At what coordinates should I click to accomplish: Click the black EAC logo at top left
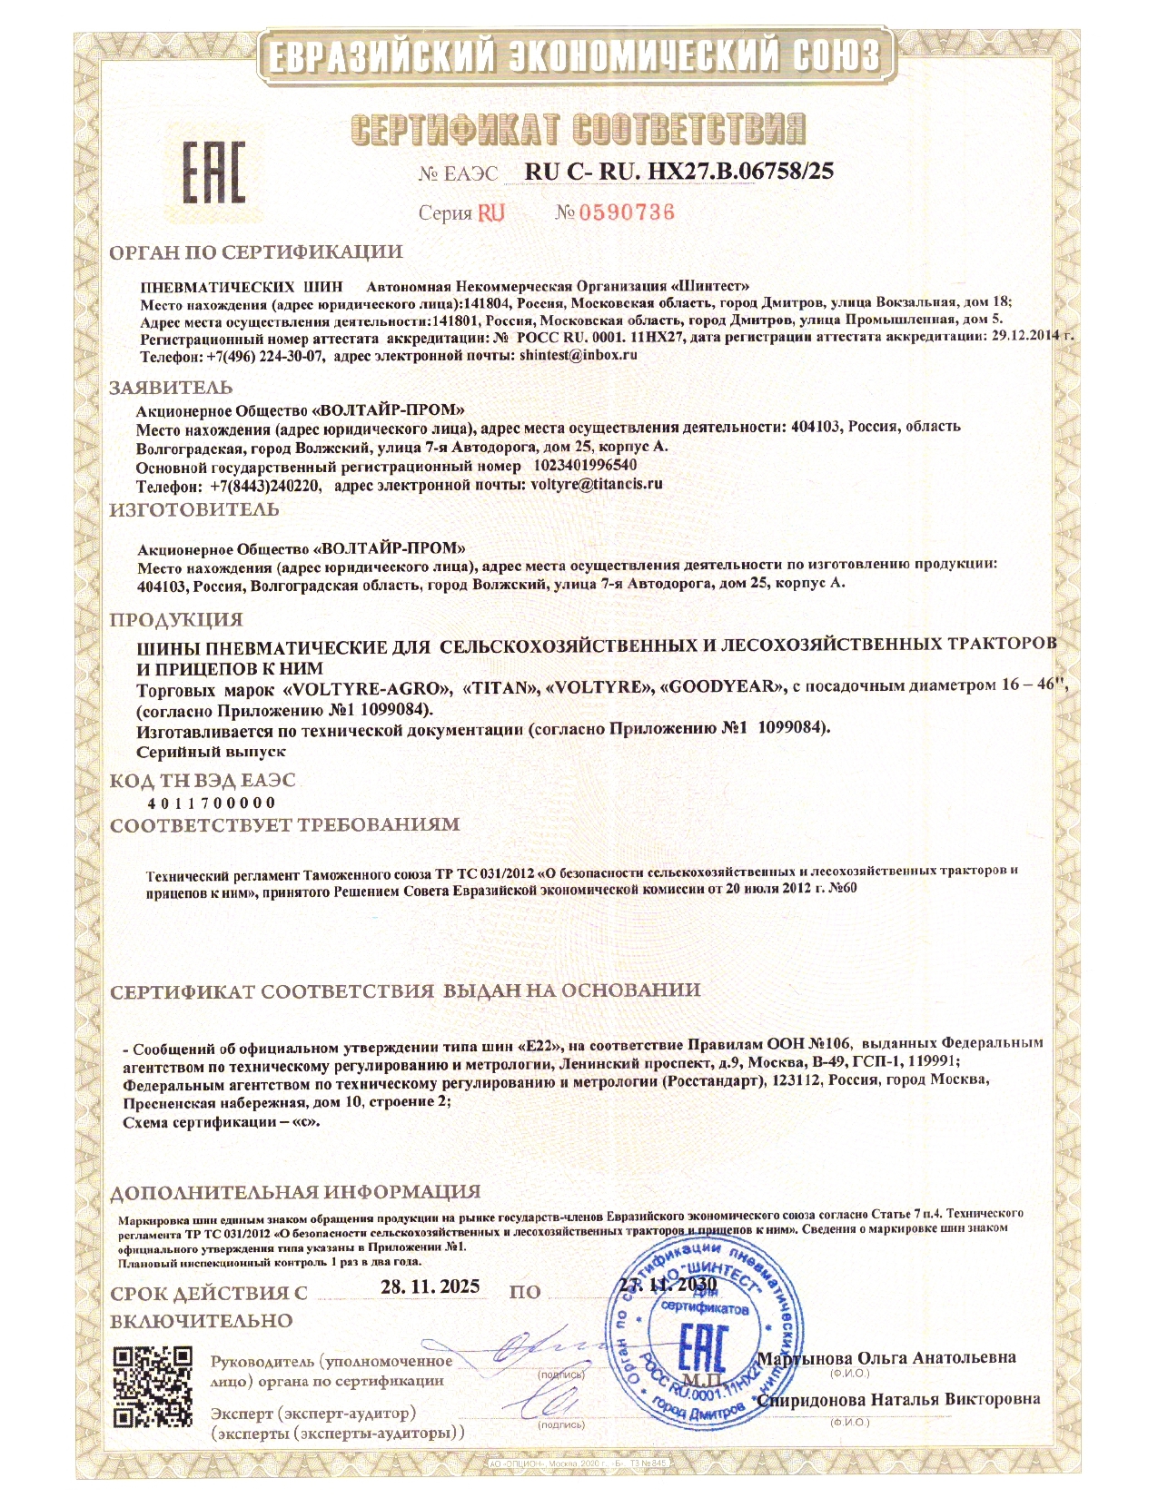point(214,172)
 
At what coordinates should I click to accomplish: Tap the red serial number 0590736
point(627,212)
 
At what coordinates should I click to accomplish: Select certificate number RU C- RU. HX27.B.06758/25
point(678,172)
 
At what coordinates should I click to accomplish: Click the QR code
point(153,1386)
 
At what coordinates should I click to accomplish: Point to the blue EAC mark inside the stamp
point(702,1346)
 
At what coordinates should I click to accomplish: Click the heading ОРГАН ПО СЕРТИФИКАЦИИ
point(256,252)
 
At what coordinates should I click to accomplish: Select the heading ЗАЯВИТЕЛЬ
point(171,388)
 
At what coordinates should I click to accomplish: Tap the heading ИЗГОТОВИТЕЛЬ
point(194,510)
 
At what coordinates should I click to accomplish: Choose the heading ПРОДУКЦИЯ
point(176,620)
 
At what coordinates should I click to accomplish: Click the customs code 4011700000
point(212,803)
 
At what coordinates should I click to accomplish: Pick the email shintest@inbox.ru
point(578,355)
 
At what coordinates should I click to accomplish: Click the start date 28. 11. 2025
point(430,1287)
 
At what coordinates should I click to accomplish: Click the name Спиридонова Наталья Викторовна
point(899,1399)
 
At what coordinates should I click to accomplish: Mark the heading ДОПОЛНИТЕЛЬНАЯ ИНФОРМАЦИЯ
point(295,1192)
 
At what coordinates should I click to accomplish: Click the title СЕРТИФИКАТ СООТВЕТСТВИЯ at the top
point(578,129)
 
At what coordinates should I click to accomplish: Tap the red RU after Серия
point(490,212)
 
